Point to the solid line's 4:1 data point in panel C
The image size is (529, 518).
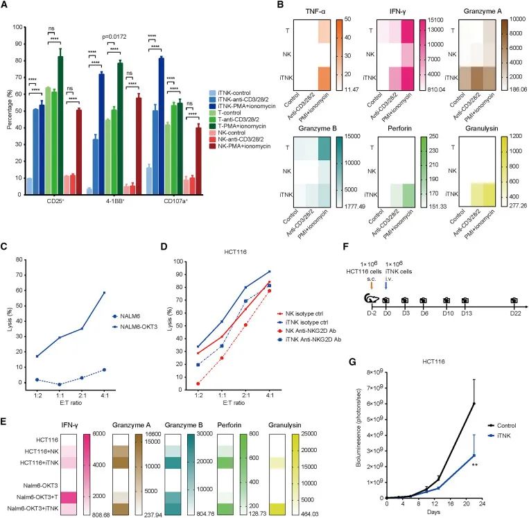(104, 273)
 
